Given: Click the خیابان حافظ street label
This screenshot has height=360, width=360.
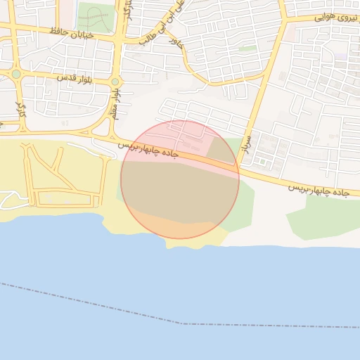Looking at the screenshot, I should pos(72,33).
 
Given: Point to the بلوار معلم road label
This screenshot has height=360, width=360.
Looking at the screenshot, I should pos(115,103).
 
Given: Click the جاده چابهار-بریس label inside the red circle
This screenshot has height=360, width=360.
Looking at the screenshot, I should pos(150,148).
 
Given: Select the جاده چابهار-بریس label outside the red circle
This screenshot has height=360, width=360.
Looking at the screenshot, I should pos(319,190).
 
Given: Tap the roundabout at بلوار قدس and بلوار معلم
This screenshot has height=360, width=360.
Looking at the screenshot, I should pos(115,82).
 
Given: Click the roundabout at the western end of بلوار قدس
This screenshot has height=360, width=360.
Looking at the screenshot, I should pos(16,73).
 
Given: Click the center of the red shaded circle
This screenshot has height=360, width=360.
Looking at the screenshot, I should pos(180,179).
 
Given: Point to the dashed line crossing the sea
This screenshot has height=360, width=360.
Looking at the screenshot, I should pos(183,323).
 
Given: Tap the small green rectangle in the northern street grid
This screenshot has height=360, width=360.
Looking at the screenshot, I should pos(247,49).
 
